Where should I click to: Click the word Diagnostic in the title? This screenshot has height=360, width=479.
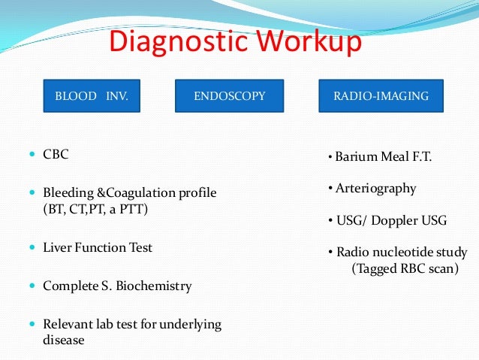click(169, 43)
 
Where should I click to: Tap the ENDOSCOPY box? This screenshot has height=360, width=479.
click(229, 96)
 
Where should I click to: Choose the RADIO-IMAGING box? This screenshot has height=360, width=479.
click(381, 96)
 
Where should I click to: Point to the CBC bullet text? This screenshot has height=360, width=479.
click(56, 154)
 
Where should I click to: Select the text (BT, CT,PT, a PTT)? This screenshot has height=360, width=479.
click(95, 209)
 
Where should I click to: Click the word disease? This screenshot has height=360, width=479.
click(63, 340)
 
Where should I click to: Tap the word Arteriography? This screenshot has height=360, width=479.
click(376, 189)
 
